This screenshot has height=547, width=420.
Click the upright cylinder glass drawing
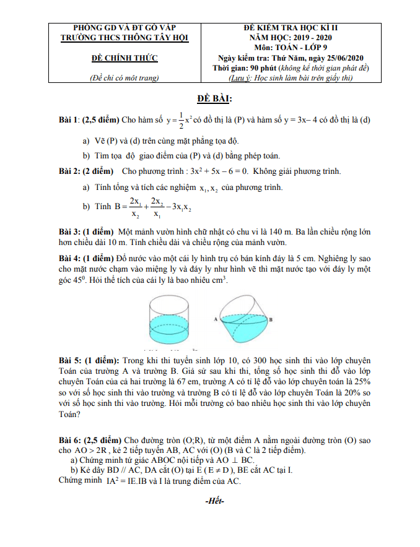pyautogui.click(x=173, y=320)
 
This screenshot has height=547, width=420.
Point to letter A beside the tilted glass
pyautogui.click(x=214, y=319)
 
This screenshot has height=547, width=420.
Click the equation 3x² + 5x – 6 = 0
pyautogui.click(x=212, y=171)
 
